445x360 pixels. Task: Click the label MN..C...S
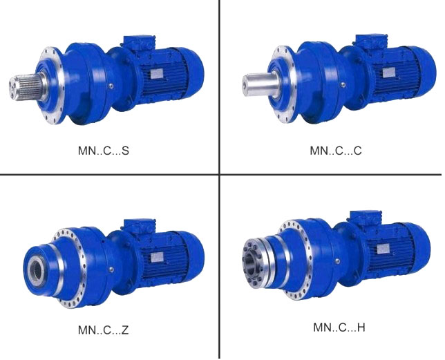pyautogui.click(x=104, y=151)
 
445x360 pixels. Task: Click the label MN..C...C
pyautogui.click(x=336, y=151)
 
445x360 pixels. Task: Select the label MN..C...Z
pyautogui.click(x=104, y=330)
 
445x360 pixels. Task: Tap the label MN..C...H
pyautogui.click(x=339, y=328)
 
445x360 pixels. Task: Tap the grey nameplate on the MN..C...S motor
pyautogui.click(x=156, y=73)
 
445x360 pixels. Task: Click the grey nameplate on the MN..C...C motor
pyautogui.click(x=389, y=73)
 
